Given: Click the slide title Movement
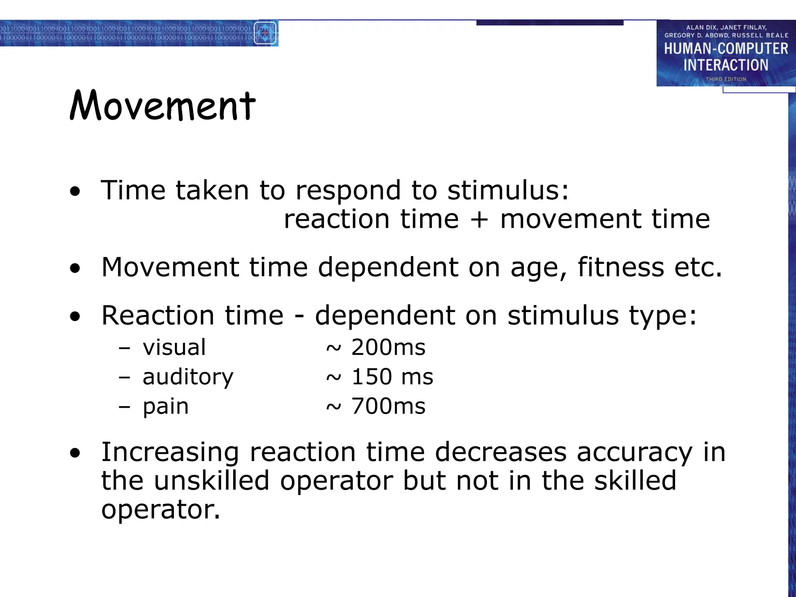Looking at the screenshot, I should tap(162, 106).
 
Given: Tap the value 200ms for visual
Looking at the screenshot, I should tap(388, 347).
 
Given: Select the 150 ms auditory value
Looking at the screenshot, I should tap(392, 377).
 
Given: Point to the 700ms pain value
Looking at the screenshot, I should tap(388, 406).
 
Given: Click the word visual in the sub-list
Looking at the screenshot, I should tap(174, 347).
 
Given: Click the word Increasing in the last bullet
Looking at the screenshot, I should tap(170, 453).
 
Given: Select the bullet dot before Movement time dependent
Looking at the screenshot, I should tap(75, 268).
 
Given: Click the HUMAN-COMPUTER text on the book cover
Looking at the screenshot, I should tap(726, 49).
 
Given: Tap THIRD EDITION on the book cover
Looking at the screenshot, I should tap(726, 79).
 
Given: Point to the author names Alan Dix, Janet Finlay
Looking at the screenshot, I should tap(726, 28).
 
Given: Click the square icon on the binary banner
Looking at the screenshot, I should tap(265, 33).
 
